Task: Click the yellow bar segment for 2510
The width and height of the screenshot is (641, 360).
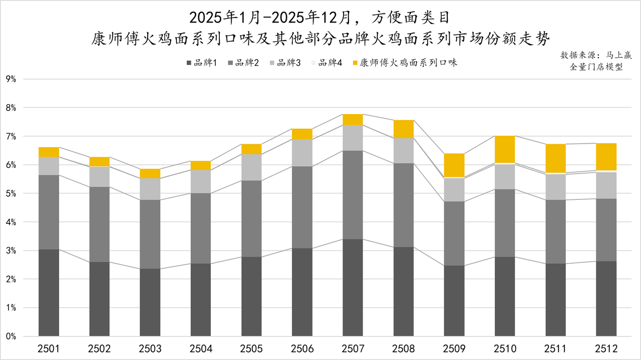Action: pyautogui.click(x=505, y=149)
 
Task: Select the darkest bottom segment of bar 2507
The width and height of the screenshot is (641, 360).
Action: pyautogui.click(x=353, y=287)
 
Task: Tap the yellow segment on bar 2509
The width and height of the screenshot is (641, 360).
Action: pyautogui.click(x=454, y=165)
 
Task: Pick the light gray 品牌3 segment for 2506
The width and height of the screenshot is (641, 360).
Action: pyautogui.click(x=302, y=153)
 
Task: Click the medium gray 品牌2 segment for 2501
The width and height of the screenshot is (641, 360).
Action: pyautogui.click(x=49, y=212)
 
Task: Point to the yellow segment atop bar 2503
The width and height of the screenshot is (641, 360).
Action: pyautogui.click(x=150, y=173)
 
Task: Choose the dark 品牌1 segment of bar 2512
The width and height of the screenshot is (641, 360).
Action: pyautogui.click(x=606, y=298)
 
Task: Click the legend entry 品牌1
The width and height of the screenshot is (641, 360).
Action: pyautogui.click(x=201, y=63)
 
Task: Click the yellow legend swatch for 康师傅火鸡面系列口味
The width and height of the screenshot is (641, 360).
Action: pyautogui.click(x=356, y=63)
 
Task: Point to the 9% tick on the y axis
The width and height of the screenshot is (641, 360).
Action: pyautogui.click(x=11, y=79)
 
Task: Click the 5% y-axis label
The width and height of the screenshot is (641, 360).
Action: pyautogui.click(x=11, y=193)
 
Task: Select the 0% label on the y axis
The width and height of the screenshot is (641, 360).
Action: pyautogui.click(x=11, y=336)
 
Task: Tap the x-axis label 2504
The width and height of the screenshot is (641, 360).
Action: pyautogui.click(x=201, y=348)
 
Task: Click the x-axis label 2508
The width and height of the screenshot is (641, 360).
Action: pyautogui.click(x=404, y=348)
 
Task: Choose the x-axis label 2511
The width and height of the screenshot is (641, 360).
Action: pyautogui.click(x=555, y=348)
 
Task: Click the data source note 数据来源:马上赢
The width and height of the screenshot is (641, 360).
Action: pyautogui.click(x=596, y=55)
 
